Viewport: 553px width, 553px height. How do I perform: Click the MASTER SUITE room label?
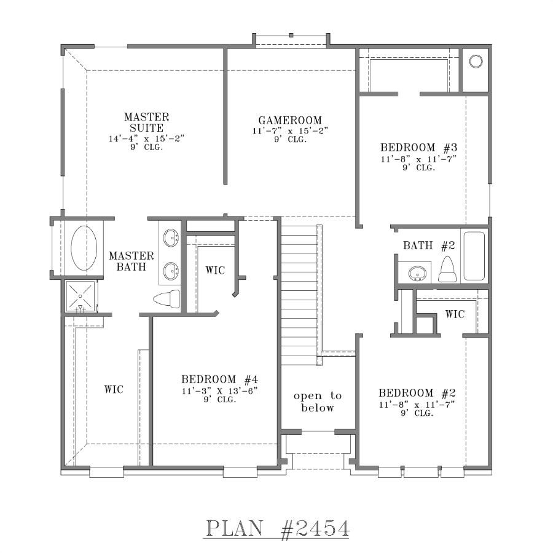[146, 122]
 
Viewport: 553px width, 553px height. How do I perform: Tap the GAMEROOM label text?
[290, 121]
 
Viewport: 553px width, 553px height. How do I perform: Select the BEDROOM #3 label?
[417, 148]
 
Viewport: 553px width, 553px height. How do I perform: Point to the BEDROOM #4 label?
[218, 379]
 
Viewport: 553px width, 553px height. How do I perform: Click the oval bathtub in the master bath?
[84, 248]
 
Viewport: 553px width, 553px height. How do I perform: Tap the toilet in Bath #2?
[447, 269]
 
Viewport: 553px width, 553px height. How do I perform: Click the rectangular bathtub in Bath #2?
[474, 256]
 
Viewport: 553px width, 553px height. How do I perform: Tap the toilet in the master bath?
[165, 299]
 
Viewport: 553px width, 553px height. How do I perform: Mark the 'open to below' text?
[317, 402]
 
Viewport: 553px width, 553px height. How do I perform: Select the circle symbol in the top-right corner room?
[476, 61]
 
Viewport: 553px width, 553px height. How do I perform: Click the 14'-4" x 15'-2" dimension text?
[146, 139]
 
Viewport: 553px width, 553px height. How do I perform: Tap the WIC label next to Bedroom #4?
[214, 270]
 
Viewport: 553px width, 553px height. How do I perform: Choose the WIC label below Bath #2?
[455, 314]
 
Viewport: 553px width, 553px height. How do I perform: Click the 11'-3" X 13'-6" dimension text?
[218, 391]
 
